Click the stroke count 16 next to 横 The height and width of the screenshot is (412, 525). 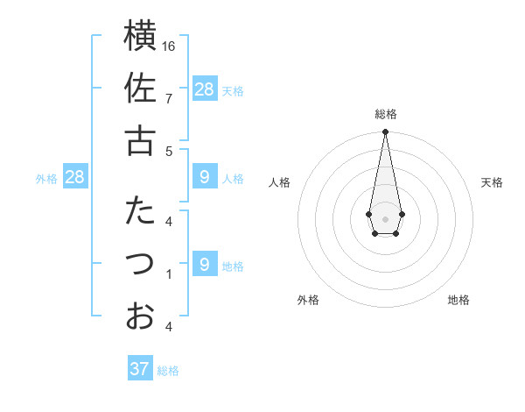[x=170, y=46]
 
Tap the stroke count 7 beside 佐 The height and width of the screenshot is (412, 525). [x=169, y=98]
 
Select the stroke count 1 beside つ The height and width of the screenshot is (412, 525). [x=169, y=273]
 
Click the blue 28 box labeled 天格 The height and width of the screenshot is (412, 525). [x=205, y=89]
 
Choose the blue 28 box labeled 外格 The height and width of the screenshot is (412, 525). [x=75, y=177]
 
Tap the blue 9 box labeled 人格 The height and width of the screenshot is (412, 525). [x=205, y=177]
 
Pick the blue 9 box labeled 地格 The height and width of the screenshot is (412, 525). [x=205, y=264]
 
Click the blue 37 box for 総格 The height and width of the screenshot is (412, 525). [x=140, y=369]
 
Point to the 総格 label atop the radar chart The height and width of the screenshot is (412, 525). [x=385, y=114]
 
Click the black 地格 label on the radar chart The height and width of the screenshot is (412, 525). [x=458, y=300]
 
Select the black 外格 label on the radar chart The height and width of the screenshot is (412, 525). [x=308, y=300]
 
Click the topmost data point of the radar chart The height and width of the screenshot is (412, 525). [x=385, y=132]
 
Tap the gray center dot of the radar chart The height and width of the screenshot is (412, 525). [x=385, y=217]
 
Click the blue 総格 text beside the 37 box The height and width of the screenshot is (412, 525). [x=168, y=371]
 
